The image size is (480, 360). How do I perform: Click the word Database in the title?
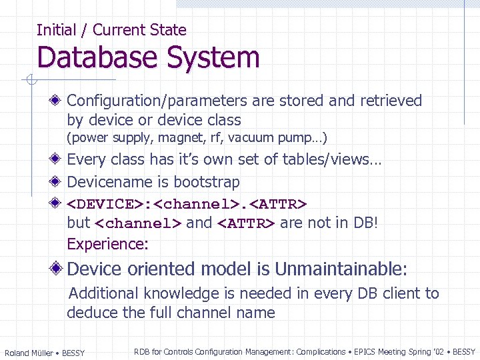94,57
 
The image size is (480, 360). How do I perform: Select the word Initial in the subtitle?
56,30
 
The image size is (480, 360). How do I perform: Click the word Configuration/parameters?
158,101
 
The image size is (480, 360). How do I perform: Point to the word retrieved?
391,101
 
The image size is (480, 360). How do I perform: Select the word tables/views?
331,159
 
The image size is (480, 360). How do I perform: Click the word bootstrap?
207,182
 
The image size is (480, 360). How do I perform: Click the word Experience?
107,244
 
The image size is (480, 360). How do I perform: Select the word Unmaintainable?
340,269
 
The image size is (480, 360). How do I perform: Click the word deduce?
90,313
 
